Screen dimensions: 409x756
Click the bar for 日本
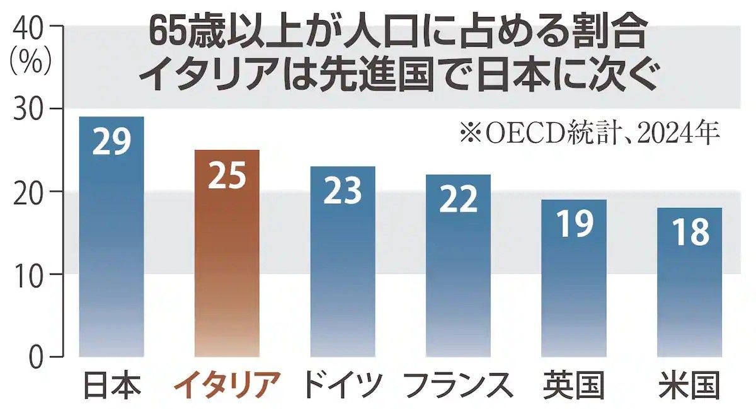(112, 239)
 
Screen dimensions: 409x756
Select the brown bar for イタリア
(227, 258)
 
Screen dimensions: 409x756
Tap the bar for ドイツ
(343, 265)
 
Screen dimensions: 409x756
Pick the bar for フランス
(458, 268)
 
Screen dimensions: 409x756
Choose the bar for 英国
(574, 280)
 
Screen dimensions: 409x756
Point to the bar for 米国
(689, 284)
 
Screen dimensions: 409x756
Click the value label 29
(112, 142)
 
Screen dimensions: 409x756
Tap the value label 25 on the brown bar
(227, 176)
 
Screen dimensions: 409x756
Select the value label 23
(343, 192)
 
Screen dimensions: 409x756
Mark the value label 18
(689, 233)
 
